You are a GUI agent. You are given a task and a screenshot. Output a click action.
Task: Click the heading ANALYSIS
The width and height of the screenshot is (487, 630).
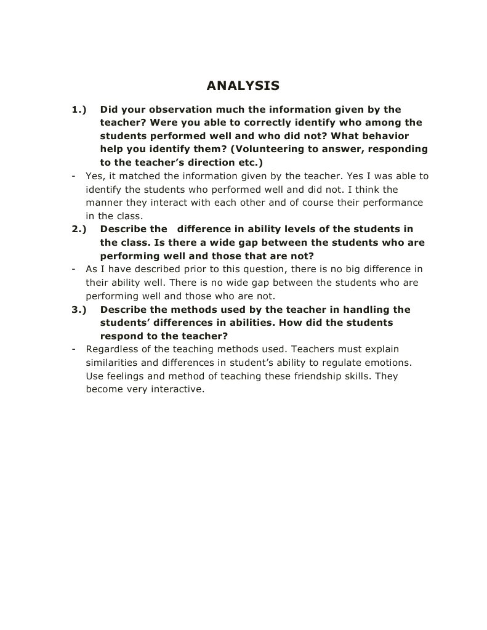[x=243, y=85]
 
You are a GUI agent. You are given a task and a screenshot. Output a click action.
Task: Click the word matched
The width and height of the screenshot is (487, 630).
[x=139, y=176]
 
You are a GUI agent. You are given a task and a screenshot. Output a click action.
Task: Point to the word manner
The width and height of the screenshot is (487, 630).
[x=103, y=203]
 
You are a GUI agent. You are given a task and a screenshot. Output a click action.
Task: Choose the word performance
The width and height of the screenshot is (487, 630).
[x=392, y=203]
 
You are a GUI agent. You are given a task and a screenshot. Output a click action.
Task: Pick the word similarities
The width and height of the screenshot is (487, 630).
[x=113, y=363]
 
